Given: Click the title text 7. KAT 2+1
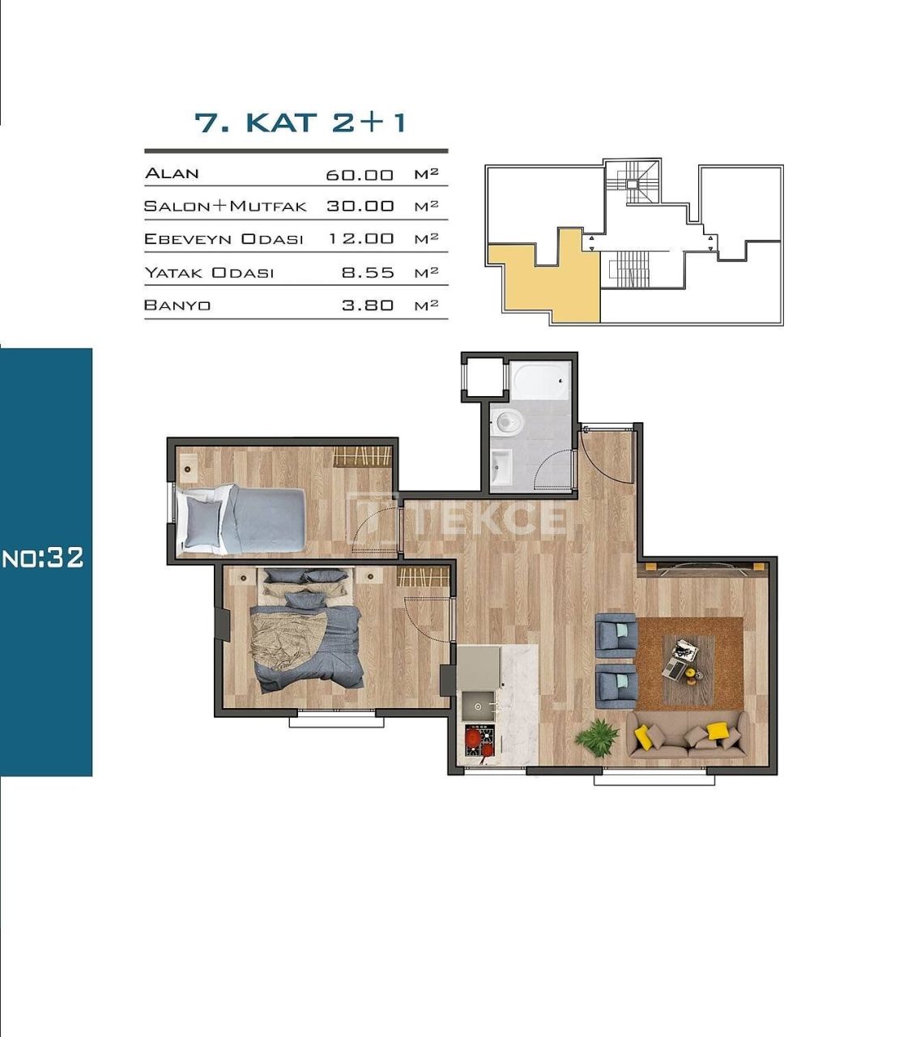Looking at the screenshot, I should pyautogui.click(x=300, y=122).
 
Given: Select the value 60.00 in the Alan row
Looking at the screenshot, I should pyautogui.click(x=360, y=175).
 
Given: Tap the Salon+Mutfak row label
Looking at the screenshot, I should pyautogui.click(x=225, y=206).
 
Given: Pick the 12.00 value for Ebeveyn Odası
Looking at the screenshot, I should pyautogui.click(x=360, y=239).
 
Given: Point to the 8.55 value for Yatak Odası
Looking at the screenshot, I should pyautogui.click(x=368, y=273).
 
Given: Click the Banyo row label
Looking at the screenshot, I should pyautogui.click(x=177, y=305).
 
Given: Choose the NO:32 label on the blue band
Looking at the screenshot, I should pyautogui.click(x=44, y=557).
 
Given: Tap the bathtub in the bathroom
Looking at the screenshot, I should pyautogui.click(x=539, y=382).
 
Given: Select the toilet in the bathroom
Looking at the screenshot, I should pyautogui.click(x=508, y=421).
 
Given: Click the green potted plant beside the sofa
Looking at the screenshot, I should pyautogui.click(x=598, y=737).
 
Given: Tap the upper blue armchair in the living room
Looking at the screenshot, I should pyautogui.click(x=616, y=634).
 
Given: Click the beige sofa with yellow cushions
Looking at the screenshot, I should pyautogui.click(x=687, y=735).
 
